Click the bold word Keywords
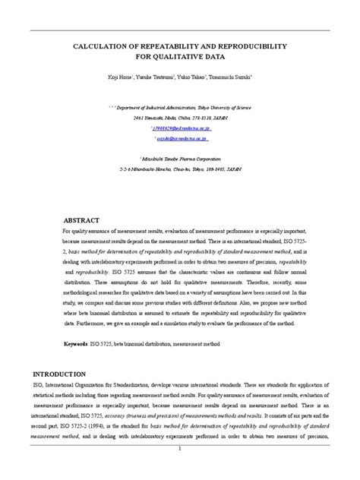(x=78, y=344)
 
